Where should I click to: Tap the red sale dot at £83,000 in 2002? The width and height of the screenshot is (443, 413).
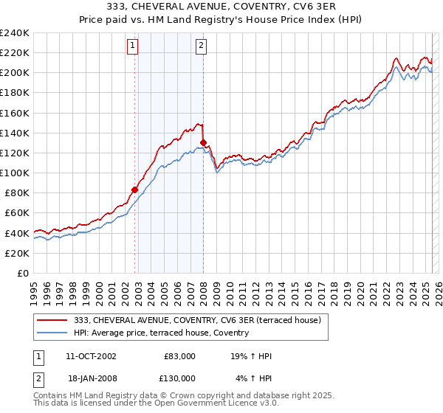(135, 190)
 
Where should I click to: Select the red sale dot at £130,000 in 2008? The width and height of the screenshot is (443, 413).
(203, 142)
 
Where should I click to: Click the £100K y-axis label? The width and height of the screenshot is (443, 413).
(15, 173)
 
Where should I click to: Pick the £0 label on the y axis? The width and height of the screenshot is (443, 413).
(23, 273)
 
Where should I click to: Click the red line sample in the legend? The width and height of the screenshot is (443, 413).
(52, 320)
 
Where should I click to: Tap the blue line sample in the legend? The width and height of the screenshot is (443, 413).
(52, 333)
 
